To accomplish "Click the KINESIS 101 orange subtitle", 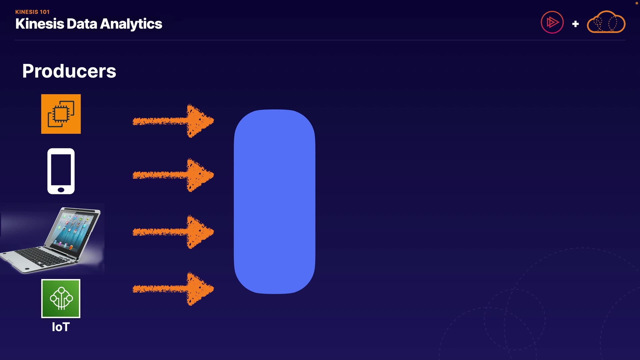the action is pos(32,12).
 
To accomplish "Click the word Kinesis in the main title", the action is pos(40,24).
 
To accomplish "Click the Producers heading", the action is pos(69,71).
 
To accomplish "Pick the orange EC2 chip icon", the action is pos(61,114).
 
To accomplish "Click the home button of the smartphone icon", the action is pos(61,190).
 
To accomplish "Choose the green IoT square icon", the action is pos(61,299).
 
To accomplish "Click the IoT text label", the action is pos(61,327).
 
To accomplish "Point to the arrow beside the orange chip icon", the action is pos(173,121).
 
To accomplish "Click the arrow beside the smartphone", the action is pos(173,175).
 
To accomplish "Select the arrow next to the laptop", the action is pos(173,232).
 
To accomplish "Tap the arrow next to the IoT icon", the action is pos(173,289).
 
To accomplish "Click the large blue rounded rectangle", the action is pos(274,202).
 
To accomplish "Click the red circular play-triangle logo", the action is pos(552,23).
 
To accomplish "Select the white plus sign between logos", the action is pos(575,24).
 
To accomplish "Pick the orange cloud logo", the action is pos(606,23).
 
